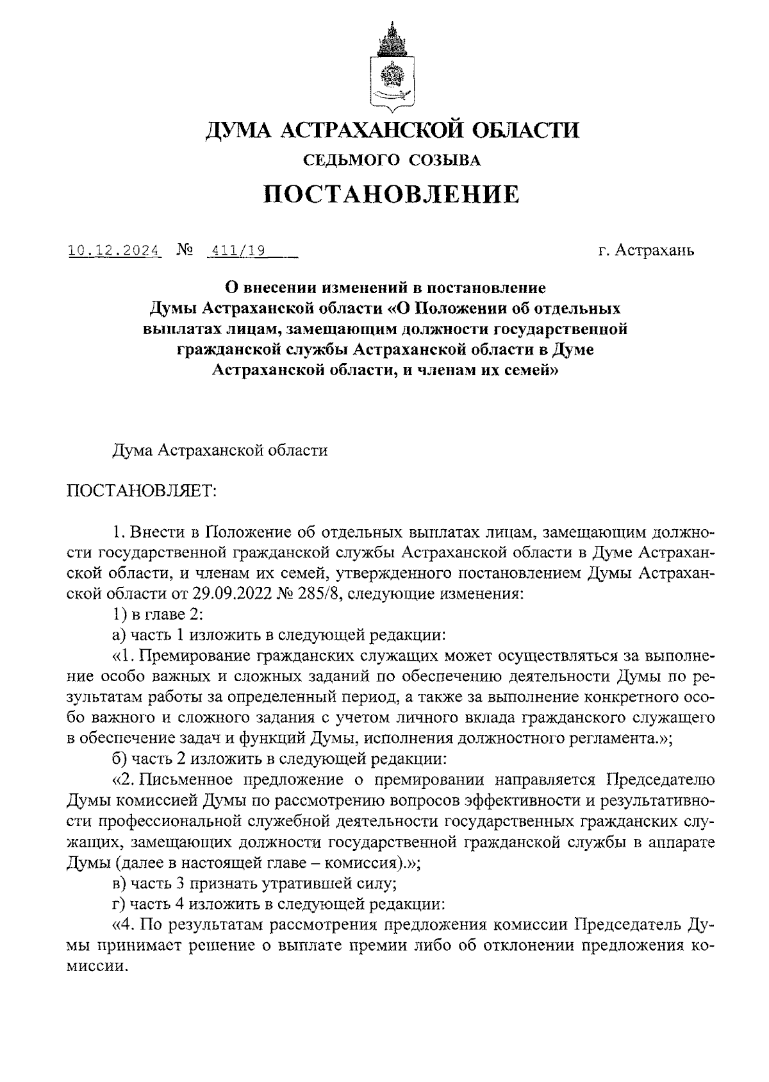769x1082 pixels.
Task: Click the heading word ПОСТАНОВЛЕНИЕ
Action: coord(392,194)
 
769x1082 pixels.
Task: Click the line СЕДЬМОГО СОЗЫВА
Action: coord(392,160)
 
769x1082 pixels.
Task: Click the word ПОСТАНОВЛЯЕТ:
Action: coord(142,491)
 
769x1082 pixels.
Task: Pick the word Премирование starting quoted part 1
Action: coord(193,655)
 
